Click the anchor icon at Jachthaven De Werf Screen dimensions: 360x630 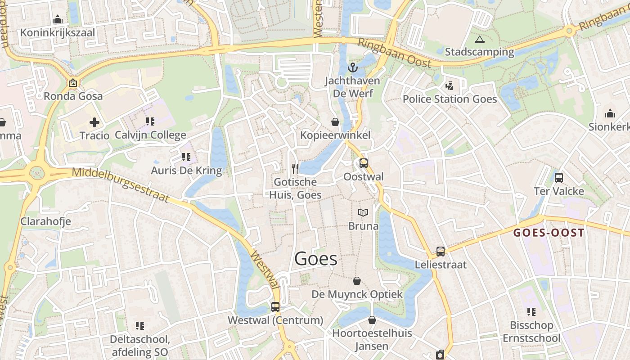353,68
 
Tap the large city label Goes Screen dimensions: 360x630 316,259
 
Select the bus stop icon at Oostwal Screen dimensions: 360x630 363,163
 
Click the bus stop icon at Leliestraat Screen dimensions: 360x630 441,252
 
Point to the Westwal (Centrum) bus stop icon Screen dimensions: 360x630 275,307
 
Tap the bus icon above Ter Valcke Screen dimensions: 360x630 558,178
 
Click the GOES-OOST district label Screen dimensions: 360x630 549,233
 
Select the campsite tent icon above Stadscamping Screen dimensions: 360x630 479,39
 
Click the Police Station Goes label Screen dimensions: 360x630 450,99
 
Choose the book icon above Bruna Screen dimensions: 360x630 363,212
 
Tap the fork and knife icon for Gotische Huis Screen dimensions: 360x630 295,169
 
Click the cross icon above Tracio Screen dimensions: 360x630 94,122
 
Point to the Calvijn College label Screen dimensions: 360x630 150,135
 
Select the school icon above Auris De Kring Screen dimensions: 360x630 186,157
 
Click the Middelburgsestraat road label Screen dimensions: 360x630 121,185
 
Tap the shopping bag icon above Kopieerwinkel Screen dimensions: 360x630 335,122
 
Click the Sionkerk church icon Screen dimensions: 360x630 610,113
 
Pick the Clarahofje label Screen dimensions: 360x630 45,221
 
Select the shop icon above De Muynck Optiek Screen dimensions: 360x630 357,281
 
